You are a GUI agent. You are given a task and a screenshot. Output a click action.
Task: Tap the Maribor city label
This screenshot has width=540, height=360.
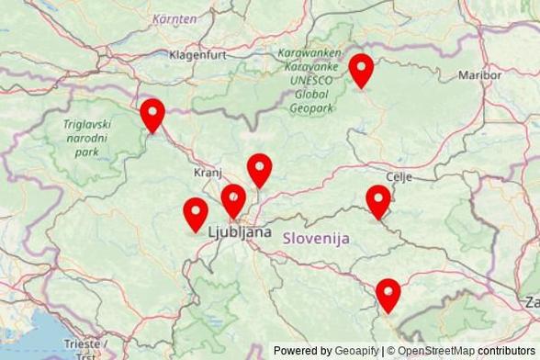(479, 74)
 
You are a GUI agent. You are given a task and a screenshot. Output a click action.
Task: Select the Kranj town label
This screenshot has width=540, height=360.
(208, 173)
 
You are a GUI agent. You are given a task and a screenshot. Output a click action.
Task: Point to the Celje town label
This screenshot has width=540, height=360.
(399, 175)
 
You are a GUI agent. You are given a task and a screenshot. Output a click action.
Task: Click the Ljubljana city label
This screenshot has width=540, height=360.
(241, 232)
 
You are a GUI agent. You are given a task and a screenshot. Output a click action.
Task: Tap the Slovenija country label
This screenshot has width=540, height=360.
(317, 238)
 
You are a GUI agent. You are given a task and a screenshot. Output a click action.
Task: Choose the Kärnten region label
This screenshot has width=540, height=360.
(174, 18)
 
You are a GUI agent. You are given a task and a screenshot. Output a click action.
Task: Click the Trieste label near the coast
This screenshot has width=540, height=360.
(82, 343)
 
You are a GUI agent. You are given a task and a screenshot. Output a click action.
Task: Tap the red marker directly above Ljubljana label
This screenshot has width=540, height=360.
(233, 201)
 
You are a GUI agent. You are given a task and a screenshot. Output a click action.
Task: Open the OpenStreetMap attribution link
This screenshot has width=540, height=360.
(436, 351)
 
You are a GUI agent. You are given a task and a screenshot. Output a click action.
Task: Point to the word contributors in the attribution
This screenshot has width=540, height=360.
(507, 351)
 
